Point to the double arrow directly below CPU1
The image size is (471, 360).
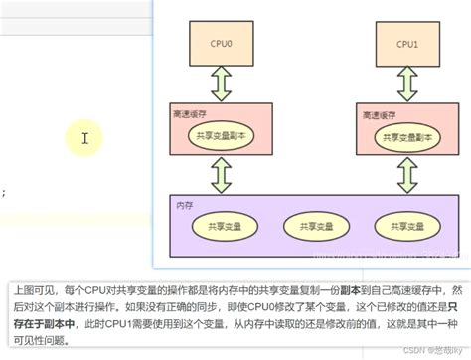407,79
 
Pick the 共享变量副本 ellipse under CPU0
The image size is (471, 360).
224,136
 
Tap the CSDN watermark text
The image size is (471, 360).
426,350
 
